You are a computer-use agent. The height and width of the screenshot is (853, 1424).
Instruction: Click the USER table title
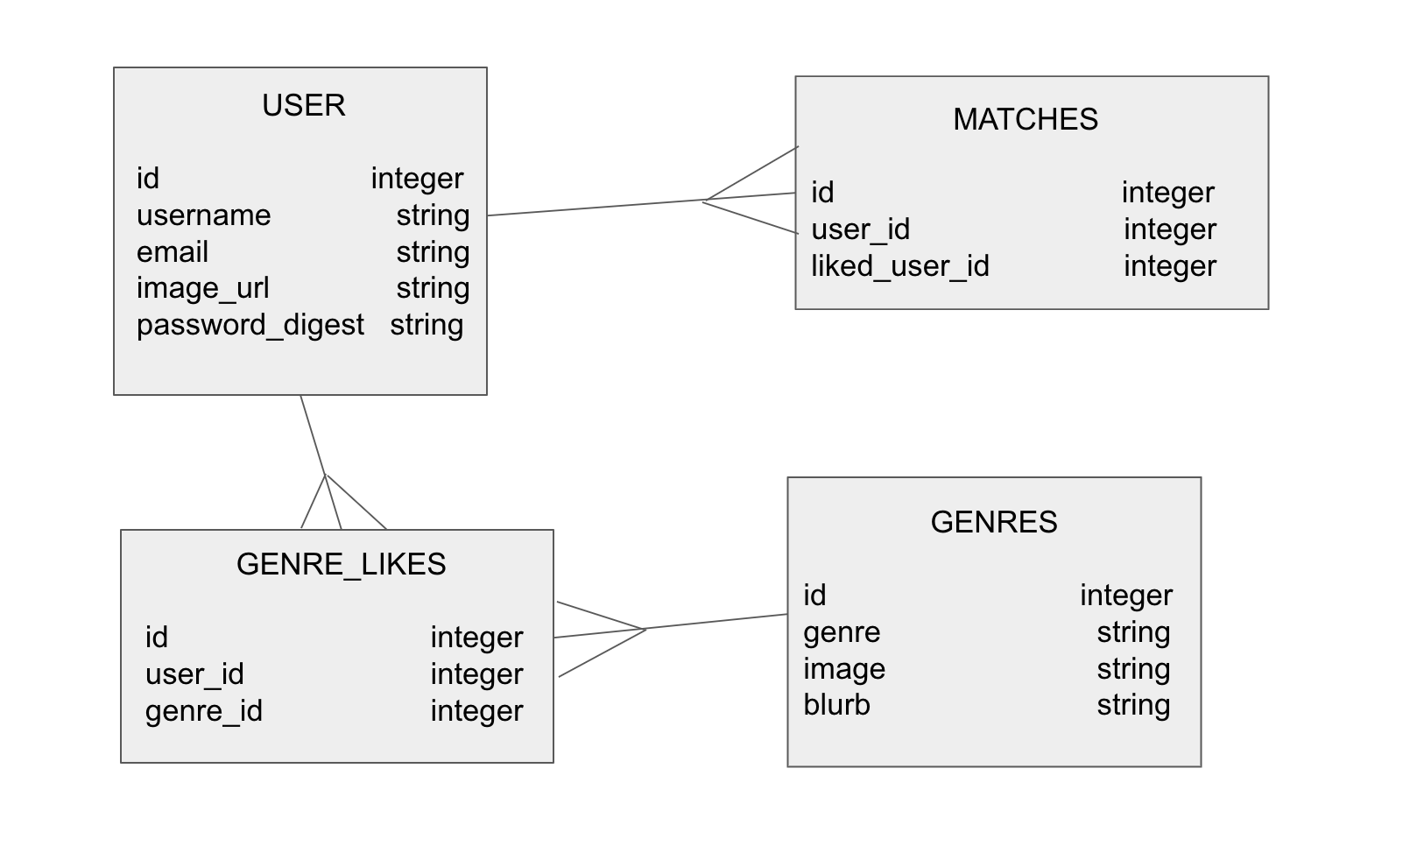(303, 105)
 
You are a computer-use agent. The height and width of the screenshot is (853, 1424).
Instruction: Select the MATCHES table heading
(1025, 119)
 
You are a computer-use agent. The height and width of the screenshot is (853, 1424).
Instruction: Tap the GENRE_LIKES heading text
(341, 564)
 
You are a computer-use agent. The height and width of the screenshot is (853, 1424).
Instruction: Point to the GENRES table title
(993, 522)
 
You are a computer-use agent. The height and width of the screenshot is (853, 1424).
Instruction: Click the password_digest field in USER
(250, 325)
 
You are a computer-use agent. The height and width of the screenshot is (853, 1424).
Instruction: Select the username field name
(203, 215)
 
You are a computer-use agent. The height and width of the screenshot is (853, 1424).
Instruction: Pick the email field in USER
(173, 252)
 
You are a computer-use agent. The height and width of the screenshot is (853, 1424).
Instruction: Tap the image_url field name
(202, 288)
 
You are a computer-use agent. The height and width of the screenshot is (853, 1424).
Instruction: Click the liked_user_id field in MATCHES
(899, 266)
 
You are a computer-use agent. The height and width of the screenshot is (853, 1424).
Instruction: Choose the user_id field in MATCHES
(860, 229)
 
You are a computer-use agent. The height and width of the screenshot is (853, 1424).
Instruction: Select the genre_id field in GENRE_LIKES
(203, 711)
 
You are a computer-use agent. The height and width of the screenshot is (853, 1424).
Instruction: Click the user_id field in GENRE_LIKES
(194, 674)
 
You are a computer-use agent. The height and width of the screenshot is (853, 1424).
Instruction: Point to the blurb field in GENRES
(836, 705)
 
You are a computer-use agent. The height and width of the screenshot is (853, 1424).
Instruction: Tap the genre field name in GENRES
(842, 632)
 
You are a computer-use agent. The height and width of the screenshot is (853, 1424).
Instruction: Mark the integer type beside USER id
(416, 179)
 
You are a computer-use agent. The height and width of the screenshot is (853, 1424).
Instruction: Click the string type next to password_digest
(426, 325)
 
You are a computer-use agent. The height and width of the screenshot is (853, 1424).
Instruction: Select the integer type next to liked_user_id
(1169, 266)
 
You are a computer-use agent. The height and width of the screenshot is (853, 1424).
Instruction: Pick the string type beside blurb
(1132, 705)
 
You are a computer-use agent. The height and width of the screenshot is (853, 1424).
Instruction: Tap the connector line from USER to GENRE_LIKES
(313, 435)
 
